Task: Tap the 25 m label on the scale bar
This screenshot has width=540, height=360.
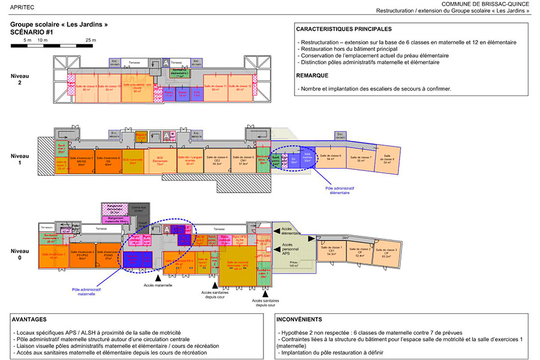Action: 90,40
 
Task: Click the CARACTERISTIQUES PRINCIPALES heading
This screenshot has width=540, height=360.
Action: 344,29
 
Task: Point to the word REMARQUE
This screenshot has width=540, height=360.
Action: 312,76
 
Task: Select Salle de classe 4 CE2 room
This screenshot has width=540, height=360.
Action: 217,161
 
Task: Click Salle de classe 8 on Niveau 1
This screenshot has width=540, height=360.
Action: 387,157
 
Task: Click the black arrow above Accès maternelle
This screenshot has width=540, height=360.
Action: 158,278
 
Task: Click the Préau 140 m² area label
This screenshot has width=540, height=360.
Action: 293,264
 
